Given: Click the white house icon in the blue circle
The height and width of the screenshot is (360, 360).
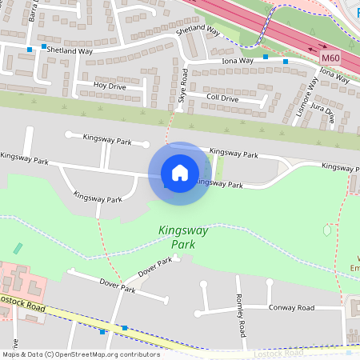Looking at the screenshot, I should click(x=180, y=173).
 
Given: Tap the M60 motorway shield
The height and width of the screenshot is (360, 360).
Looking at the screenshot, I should click(x=330, y=58).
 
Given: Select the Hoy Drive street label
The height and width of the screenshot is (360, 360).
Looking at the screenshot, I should click(x=110, y=85).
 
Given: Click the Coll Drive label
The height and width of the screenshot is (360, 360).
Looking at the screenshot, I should click(x=222, y=98).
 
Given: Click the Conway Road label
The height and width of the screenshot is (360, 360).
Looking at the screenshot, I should click(x=293, y=307).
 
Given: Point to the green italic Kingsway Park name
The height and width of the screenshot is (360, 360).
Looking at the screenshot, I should click(x=182, y=237).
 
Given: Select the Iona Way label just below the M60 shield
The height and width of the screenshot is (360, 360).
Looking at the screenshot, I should click(x=335, y=75).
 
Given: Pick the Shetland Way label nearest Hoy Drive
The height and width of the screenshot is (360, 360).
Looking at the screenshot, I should click(x=70, y=50).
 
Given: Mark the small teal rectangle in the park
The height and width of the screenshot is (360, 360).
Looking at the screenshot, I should click(x=18, y=249).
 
